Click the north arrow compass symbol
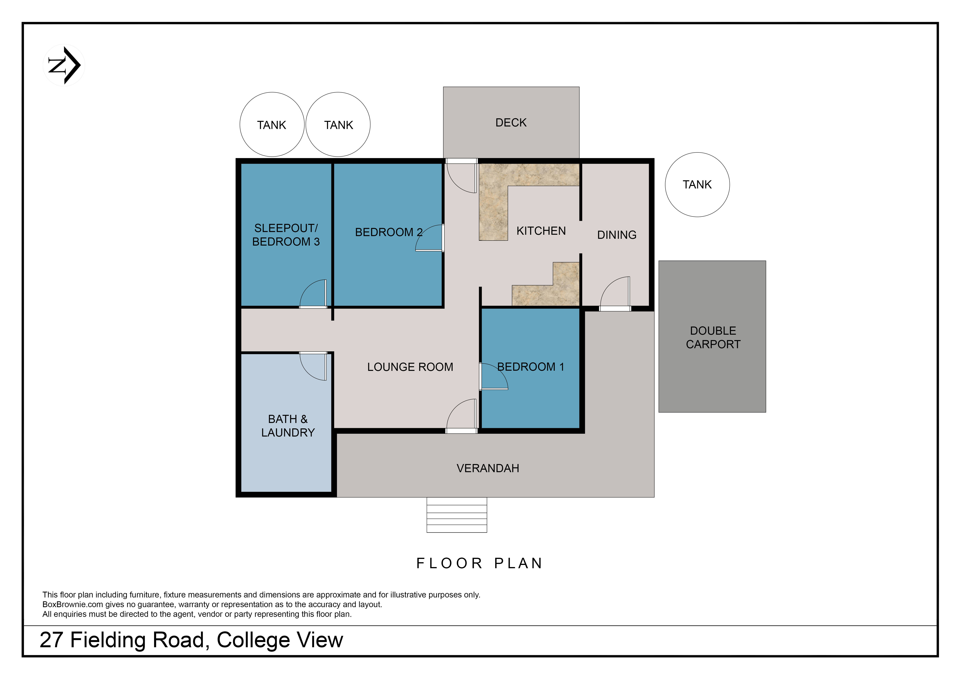(x=64, y=65)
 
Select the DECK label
(x=511, y=123)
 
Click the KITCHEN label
(x=541, y=231)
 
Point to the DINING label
(x=617, y=235)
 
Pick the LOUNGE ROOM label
(x=410, y=367)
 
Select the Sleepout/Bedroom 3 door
(x=313, y=294)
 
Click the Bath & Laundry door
(x=313, y=366)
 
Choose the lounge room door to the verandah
(x=462, y=416)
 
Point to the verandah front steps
(x=457, y=515)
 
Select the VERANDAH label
(x=488, y=468)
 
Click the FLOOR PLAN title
(x=480, y=563)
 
